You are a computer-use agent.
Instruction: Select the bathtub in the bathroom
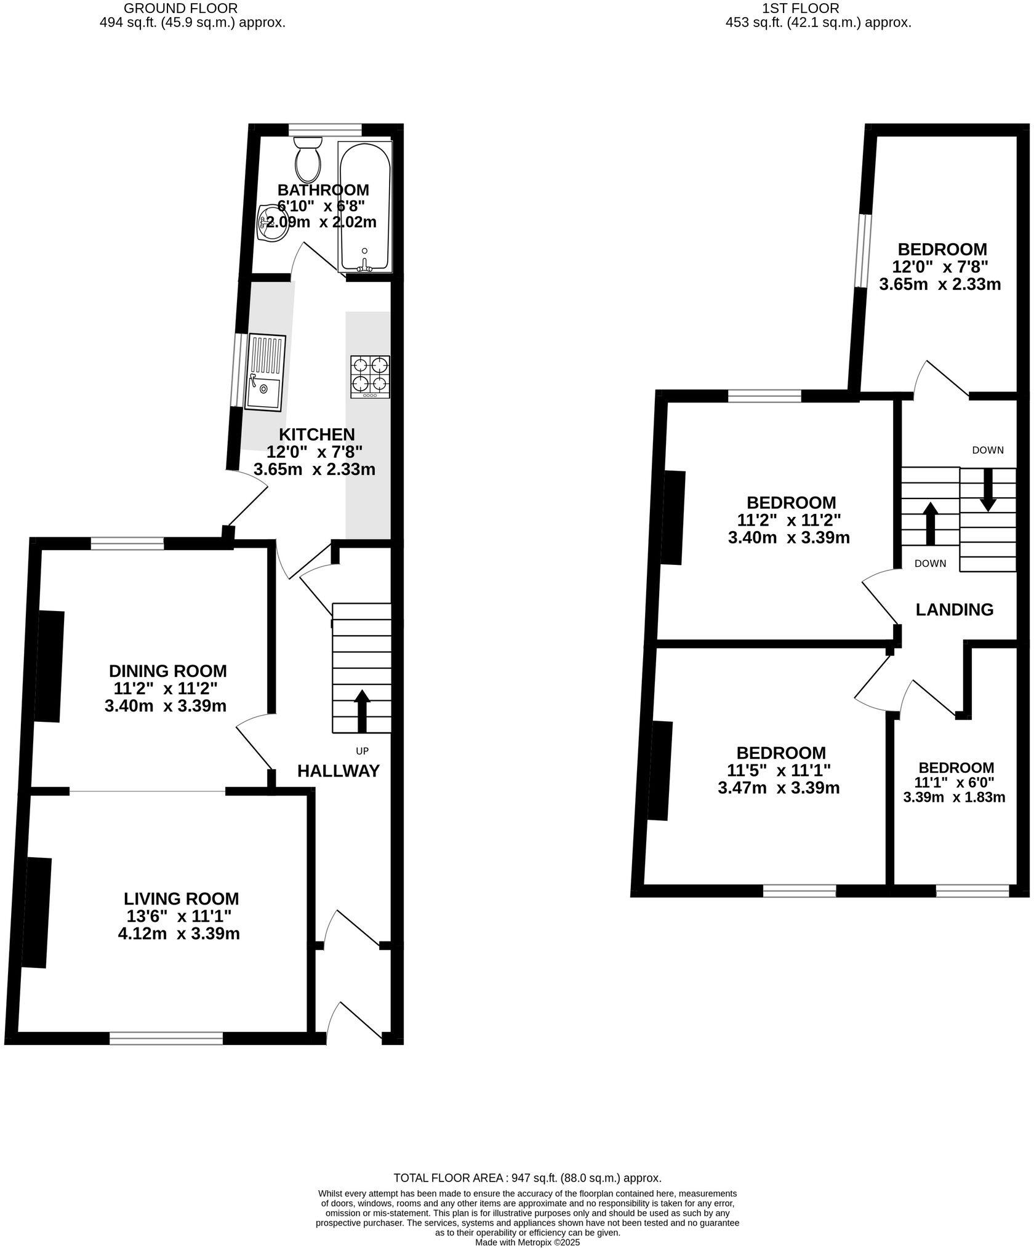click(364, 206)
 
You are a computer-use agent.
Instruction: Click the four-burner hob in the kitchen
click(370, 376)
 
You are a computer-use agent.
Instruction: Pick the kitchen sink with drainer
click(265, 373)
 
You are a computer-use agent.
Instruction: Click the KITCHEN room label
click(316, 434)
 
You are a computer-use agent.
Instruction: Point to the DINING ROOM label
click(167, 671)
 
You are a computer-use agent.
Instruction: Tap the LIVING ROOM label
click(181, 899)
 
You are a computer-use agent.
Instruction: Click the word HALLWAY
click(339, 771)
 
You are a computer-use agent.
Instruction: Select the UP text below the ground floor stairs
click(363, 751)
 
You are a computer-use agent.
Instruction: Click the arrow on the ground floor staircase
click(362, 710)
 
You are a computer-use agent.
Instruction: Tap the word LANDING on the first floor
click(954, 610)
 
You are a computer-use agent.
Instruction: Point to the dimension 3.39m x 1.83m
click(954, 798)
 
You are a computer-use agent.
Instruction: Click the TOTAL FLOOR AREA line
click(527, 1178)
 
